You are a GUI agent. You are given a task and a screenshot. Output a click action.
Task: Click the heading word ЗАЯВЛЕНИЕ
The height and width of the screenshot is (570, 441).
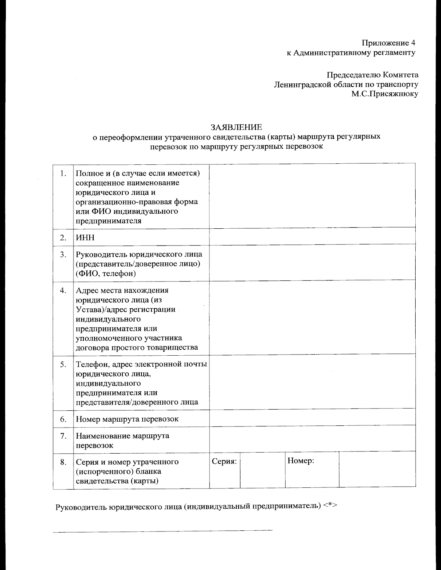[236, 127]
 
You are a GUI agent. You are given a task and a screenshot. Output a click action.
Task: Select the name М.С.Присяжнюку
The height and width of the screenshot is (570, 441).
[385, 94]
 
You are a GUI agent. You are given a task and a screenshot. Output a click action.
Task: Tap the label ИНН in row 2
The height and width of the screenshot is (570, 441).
[85, 237]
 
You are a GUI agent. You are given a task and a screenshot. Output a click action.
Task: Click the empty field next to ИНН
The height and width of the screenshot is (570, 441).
[312, 237]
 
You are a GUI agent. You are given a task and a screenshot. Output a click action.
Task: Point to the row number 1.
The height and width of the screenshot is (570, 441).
[63, 173]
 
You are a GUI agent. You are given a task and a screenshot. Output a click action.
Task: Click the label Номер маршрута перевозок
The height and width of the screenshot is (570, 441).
[127, 419]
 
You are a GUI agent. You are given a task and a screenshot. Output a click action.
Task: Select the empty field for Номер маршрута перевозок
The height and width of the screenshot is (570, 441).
[312, 419]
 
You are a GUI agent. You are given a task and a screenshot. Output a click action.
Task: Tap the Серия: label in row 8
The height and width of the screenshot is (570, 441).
[224, 461]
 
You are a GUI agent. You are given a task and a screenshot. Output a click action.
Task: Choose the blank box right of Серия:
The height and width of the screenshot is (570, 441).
[262, 471]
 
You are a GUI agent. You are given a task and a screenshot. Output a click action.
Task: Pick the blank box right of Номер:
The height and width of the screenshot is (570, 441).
[377, 471]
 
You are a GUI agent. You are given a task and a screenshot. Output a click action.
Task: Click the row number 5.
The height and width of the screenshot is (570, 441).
[63, 364]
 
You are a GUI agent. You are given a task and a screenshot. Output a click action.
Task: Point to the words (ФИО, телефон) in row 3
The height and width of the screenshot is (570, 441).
[106, 273]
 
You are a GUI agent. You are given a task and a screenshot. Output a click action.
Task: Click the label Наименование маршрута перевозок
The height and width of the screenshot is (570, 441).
[122, 440]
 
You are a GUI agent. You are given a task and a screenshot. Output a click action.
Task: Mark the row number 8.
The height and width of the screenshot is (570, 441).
[63, 462]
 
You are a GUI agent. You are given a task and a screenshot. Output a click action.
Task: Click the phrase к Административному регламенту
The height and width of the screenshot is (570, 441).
[351, 52]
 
